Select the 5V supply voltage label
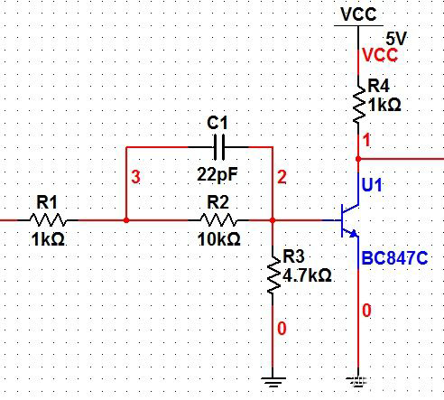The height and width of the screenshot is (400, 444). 396,39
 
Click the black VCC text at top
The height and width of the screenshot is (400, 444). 358,14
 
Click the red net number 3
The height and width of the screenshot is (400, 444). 136,178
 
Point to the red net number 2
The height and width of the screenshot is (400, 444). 282,178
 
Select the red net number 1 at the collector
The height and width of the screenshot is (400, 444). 366,142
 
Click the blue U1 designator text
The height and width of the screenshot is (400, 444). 373,185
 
